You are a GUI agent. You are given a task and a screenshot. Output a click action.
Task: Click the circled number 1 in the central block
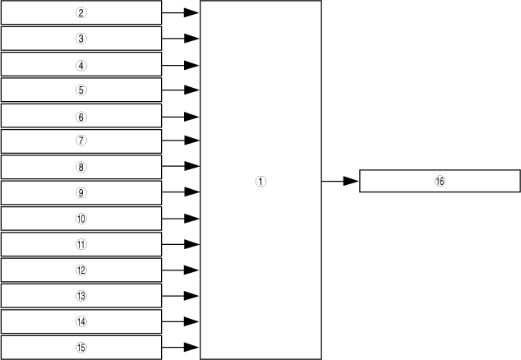coord(260,182)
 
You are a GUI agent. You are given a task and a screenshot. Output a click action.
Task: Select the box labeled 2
coord(81,13)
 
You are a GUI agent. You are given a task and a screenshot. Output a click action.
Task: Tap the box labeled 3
coord(81,39)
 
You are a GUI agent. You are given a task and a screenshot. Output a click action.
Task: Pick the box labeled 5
coord(81,90)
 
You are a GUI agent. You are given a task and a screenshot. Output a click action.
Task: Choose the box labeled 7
coord(81,141)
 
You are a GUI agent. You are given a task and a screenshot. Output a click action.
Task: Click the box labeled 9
coord(81,193)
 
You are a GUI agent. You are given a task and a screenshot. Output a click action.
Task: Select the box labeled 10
coord(81,219)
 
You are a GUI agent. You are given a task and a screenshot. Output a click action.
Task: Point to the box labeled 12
coord(81,270)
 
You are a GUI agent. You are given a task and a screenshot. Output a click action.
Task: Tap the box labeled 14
coord(81,321)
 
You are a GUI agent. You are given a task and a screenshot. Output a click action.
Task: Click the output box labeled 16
coord(440,181)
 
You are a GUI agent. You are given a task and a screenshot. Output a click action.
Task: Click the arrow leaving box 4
coord(181,65)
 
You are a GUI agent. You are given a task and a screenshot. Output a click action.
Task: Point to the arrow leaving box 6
coord(181,117)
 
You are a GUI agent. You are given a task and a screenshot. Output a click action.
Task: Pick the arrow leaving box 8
coord(181,168)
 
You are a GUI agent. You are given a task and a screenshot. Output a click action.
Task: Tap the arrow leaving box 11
coord(181,245)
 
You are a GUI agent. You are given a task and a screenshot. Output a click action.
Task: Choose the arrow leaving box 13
coord(181,296)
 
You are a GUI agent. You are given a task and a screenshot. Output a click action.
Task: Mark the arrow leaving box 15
coord(181,348)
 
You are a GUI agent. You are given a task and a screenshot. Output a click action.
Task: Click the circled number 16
coord(440,181)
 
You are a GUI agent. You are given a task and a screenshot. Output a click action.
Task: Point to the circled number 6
coord(81,116)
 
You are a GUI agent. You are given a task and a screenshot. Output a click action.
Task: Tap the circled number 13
coord(81,296)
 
